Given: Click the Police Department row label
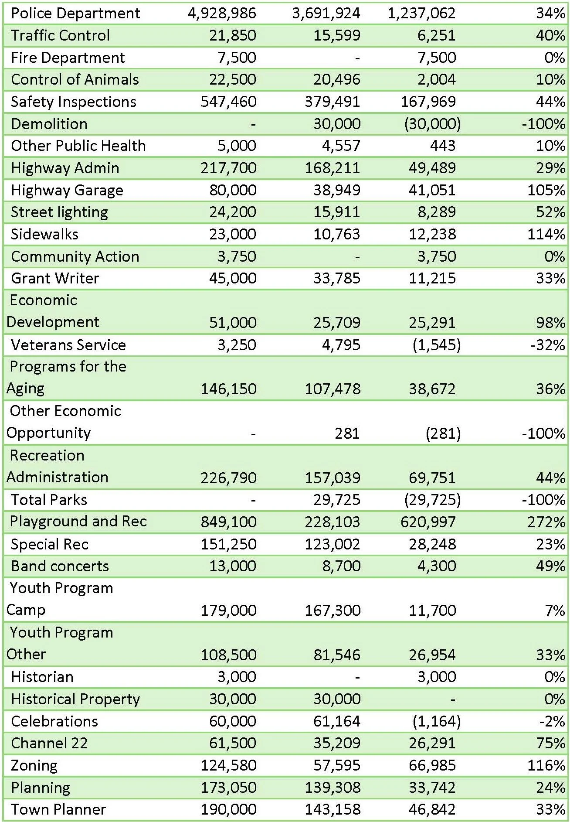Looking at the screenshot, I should pyautogui.click(x=75, y=13).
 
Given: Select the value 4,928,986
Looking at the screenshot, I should pyautogui.click(x=222, y=13).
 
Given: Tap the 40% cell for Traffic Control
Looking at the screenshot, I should pyautogui.click(x=550, y=35).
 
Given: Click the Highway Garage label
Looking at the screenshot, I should pyautogui.click(x=67, y=190).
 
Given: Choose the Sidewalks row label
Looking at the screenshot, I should pyautogui.click(x=44, y=234).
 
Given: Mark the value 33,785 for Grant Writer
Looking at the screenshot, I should pyautogui.click(x=337, y=278).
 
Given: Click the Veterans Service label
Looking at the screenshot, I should pyautogui.click(x=68, y=345).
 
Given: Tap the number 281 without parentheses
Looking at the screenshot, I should pyautogui.click(x=347, y=433).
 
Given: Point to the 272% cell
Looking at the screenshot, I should pyautogui.click(x=546, y=522).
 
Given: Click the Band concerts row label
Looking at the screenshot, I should pyautogui.click(x=60, y=566).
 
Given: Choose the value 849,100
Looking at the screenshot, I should pyautogui.click(x=228, y=522).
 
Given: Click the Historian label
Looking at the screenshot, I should pyautogui.click(x=42, y=677).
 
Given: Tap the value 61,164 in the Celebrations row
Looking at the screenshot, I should pyautogui.click(x=337, y=721).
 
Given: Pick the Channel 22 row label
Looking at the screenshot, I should pyautogui.click(x=49, y=743).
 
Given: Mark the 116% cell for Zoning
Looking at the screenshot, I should pyautogui.click(x=546, y=765).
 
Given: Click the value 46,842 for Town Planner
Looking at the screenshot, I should pyautogui.click(x=432, y=809).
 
